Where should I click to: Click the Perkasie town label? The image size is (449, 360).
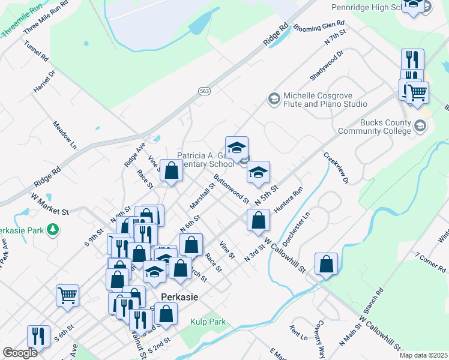[179, 296]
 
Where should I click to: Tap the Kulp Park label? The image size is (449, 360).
[207, 322]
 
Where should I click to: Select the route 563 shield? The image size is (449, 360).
[204, 90]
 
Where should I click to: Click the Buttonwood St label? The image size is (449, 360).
[231, 188]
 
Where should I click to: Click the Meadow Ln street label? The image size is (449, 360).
[65, 135]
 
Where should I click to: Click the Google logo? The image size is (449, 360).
[20, 353]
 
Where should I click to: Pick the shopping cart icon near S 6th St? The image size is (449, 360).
[67, 295]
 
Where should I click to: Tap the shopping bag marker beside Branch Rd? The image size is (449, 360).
[326, 263]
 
